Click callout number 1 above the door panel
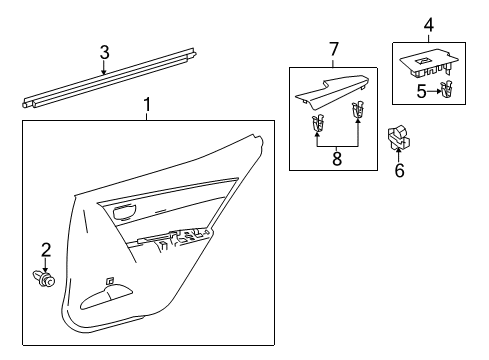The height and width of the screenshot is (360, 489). click(147, 105)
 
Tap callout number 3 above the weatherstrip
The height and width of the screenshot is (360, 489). click(103, 51)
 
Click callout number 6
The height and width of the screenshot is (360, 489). click(400, 171)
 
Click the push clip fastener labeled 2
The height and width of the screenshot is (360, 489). click(43, 277)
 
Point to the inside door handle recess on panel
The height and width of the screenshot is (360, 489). click(125, 211)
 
